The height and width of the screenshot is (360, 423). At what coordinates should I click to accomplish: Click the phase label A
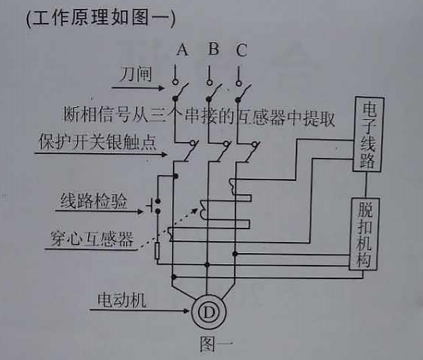tap(182, 49)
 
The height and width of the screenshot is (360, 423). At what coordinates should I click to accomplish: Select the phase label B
tap(214, 48)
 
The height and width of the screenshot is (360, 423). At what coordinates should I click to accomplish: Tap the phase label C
tap(242, 50)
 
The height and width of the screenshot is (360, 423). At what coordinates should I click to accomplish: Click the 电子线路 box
tap(368, 134)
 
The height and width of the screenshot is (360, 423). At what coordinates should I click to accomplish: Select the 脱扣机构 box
tap(364, 234)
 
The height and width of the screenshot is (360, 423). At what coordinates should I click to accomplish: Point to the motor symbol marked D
tap(208, 312)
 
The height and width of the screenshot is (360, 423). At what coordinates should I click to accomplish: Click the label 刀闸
tap(135, 75)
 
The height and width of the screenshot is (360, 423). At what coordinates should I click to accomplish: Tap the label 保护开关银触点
tap(97, 141)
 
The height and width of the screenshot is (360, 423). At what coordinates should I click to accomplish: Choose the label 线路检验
tap(93, 201)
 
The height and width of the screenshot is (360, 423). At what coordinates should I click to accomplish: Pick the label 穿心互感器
tap(92, 239)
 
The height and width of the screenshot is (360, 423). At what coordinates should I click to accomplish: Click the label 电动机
tap(122, 300)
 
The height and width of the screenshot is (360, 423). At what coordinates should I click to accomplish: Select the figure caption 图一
tap(216, 343)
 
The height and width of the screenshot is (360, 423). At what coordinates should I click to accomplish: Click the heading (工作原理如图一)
tap(101, 19)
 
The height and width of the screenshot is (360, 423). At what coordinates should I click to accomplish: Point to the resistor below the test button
tap(158, 251)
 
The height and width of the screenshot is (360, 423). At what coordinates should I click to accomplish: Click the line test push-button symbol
tap(154, 206)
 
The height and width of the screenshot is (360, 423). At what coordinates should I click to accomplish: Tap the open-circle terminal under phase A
tap(175, 82)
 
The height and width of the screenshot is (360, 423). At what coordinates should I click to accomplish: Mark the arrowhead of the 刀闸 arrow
tap(162, 88)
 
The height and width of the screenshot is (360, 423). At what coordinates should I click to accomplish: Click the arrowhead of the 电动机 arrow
tap(186, 311)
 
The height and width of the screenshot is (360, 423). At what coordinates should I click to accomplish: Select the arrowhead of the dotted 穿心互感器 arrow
tap(196, 210)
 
